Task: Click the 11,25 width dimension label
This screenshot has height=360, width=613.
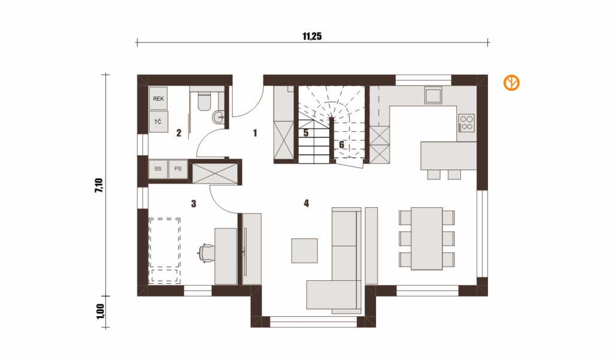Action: (312, 37)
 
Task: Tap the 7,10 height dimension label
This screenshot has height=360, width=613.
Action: (99, 185)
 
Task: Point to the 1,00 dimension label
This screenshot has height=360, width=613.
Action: (101, 311)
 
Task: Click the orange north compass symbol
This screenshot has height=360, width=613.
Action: (511, 83)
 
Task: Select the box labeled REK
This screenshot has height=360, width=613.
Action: (158, 98)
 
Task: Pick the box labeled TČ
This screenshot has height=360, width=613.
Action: (158, 122)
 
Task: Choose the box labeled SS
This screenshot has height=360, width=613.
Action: (158, 169)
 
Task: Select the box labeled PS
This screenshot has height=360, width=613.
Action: (178, 169)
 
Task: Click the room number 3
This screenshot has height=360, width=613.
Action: (193, 204)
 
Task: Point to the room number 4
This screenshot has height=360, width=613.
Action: (306, 203)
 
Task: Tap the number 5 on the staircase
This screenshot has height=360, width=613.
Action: (306, 133)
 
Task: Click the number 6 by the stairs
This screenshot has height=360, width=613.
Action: (341, 145)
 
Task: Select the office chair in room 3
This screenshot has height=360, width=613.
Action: (207, 252)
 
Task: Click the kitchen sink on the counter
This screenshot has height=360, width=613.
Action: (433, 95)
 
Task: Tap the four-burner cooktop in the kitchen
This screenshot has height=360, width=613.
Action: (466, 123)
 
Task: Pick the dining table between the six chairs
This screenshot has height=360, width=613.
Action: (426, 238)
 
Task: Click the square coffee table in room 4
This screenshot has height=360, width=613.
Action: (305, 251)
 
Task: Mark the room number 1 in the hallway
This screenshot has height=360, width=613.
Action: (255, 133)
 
